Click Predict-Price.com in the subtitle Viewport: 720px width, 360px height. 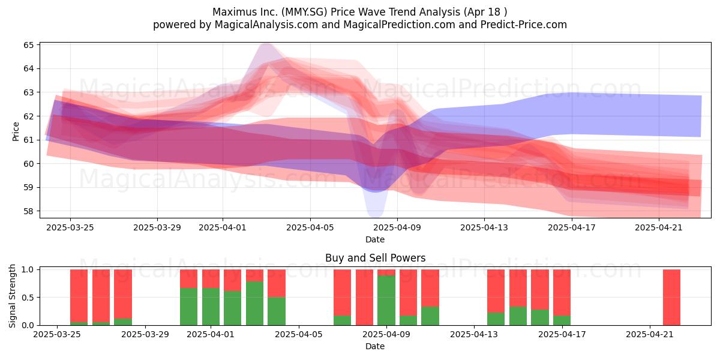524,25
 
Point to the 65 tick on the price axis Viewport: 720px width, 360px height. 29,44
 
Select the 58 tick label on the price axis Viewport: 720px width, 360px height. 29,211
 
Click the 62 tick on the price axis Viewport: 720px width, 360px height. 29,116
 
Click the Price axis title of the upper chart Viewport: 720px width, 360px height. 16,131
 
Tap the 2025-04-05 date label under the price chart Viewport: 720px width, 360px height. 310,227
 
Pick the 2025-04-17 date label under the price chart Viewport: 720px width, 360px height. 572,227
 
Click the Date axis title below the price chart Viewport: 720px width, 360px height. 375,239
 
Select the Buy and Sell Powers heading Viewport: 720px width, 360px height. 375,258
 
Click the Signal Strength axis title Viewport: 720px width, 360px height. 12,296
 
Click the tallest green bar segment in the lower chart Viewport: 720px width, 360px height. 386,300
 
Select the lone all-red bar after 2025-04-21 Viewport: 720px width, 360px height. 671,298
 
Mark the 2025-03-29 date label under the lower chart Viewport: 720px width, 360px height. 145,334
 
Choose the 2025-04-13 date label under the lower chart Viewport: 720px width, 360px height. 474,334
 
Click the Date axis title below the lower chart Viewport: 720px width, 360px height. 375,346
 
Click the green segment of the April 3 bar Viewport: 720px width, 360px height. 254,304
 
